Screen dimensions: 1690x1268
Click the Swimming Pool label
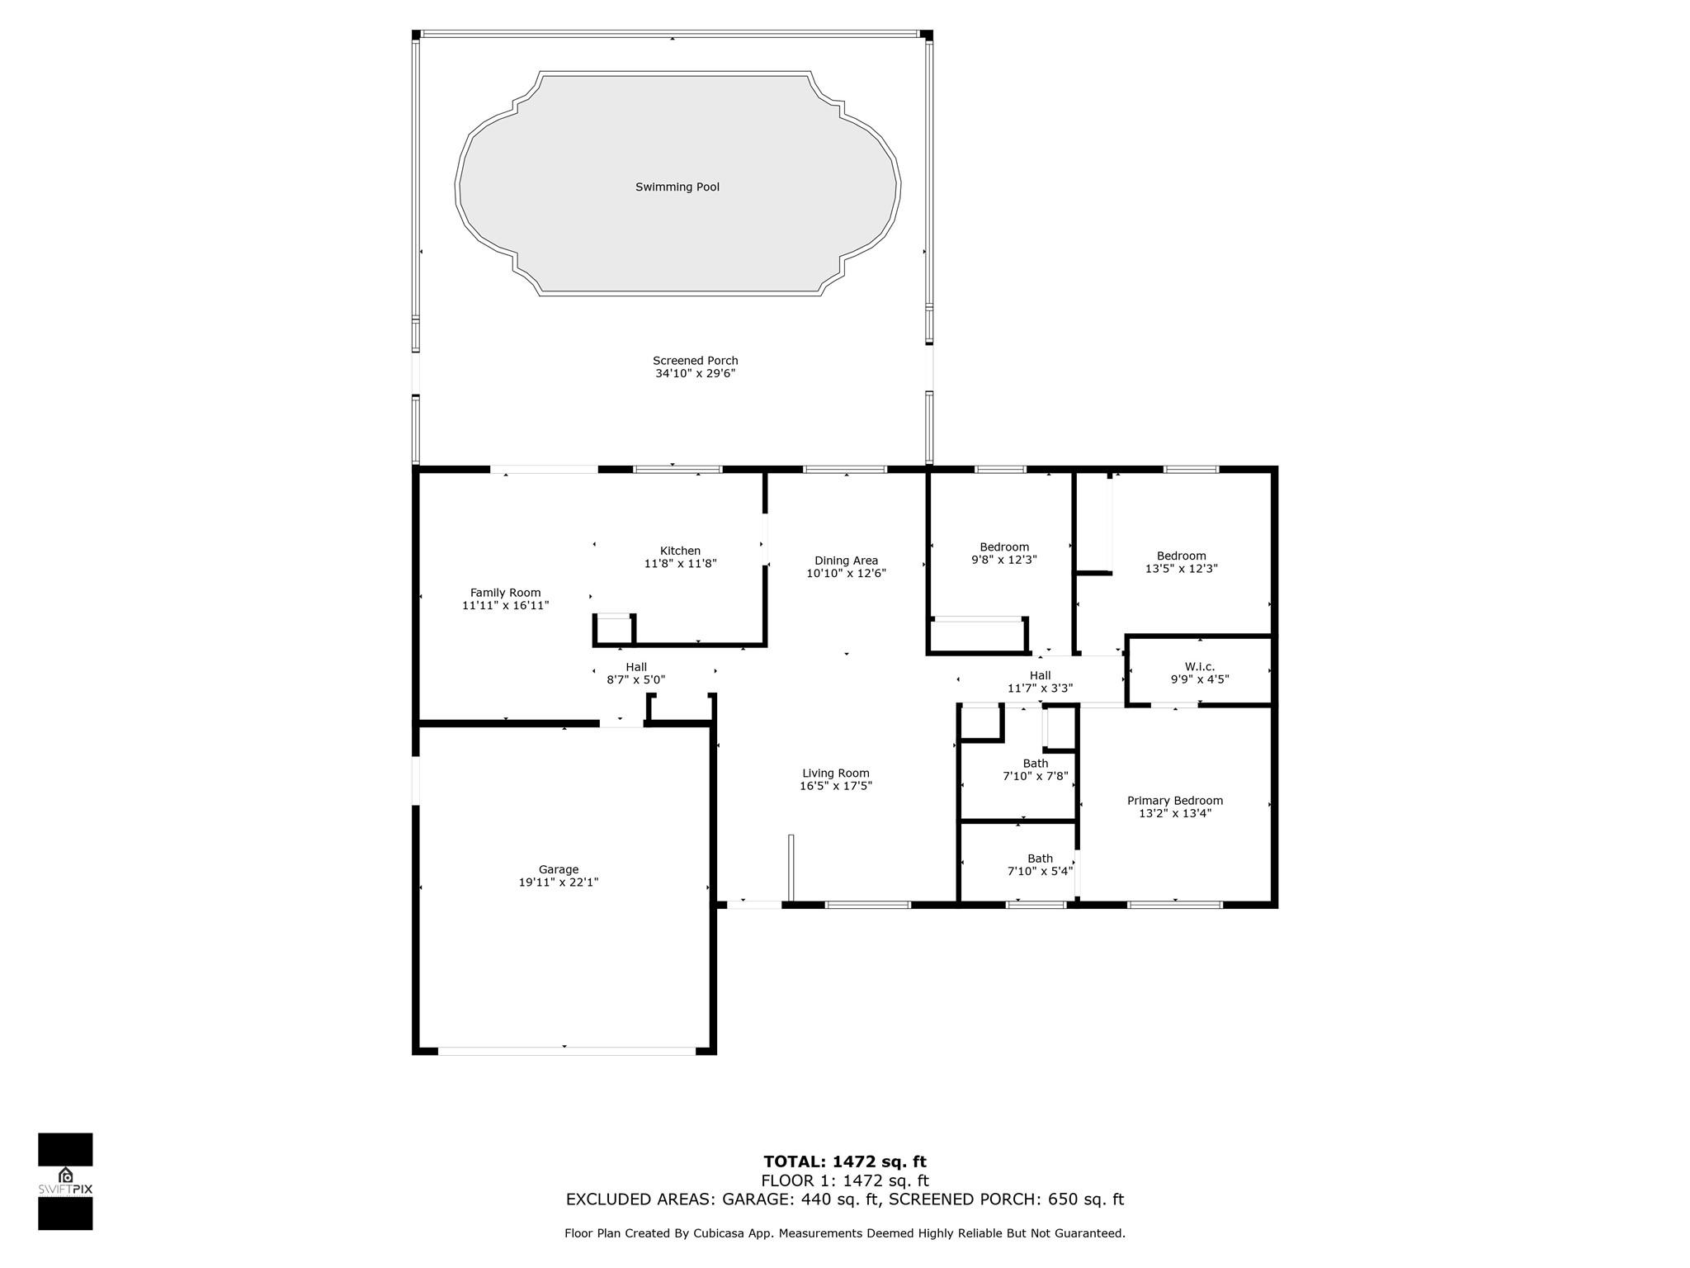tap(677, 187)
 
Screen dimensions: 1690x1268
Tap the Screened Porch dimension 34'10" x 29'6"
tap(695, 374)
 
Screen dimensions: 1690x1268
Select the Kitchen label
tap(680, 551)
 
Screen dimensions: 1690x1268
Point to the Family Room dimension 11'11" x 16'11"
tap(505, 606)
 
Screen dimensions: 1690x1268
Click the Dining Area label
tap(846, 561)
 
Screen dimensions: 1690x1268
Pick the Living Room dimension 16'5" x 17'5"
tap(835, 786)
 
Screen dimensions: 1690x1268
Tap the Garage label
tap(559, 869)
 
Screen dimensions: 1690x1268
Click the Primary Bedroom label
tap(1175, 801)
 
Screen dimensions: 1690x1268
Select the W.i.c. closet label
tap(1200, 666)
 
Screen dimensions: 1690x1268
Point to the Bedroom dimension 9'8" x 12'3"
tap(1003, 560)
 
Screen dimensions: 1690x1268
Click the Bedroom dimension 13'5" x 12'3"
tap(1181, 569)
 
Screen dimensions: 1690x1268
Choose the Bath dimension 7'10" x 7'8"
tap(1035, 776)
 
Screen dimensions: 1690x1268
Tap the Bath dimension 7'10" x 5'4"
tap(1040, 871)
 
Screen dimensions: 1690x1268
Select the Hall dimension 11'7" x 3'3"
tap(1040, 688)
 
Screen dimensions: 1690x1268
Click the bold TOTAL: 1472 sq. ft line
tap(845, 1162)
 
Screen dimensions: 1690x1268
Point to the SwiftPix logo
tap(65, 1181)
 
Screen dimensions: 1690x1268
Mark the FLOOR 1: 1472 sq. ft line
tap(845, 1180)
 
